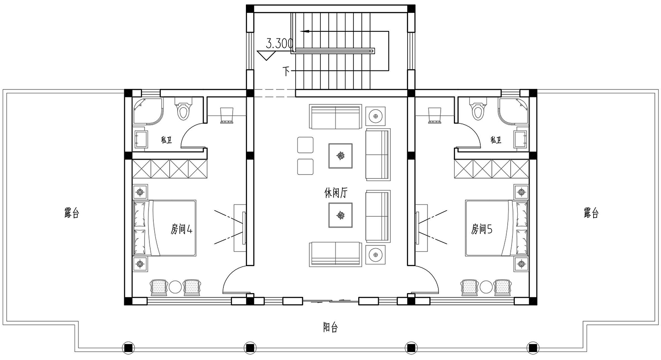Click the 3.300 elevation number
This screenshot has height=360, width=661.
(x=279, y=43)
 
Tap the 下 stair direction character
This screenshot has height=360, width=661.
(x=286, y=71)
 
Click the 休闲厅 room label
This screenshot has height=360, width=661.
(x=336, y=193)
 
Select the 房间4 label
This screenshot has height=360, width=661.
(x=182, y=229)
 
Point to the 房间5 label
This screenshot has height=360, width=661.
(x=482, y=229)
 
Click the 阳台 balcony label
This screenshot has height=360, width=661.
(x=330, y=327)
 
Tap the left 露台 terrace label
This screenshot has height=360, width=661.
(x=72, y=213)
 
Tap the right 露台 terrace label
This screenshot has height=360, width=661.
(x=591, y=213)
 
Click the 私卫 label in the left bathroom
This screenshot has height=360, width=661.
(x=166, y=140)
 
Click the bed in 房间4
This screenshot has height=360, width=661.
(x=165, y=228)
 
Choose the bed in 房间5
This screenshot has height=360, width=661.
(x=497, y=228)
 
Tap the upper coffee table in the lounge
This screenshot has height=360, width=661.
(x=341, y=156)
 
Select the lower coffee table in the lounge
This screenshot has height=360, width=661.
(x=341, y=215)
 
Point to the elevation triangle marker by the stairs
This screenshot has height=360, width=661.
(x=266, y=56)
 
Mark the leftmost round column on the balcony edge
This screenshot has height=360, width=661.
(x=128, y=349)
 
